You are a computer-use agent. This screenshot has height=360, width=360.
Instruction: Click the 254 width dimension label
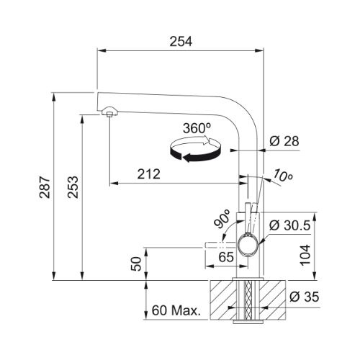(x=181, y=42)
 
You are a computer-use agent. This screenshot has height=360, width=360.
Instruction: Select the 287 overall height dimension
(x=45, y=187)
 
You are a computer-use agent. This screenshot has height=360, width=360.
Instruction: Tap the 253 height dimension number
(x=73, y=187)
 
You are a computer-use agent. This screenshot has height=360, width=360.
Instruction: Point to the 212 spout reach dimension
(x=148, y=174)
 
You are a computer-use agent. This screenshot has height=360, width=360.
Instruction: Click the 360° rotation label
(x=197, y=128)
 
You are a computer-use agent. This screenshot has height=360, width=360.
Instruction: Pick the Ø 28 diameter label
(x=284, y=141)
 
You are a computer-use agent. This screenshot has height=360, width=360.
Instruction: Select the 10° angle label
(x=282, y=176)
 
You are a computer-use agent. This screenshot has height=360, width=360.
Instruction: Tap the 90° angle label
(x=222, y=219)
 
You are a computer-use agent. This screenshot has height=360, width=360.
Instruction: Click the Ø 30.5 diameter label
(x=289, y=225)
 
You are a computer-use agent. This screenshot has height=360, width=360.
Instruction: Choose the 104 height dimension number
(x=305, y=255)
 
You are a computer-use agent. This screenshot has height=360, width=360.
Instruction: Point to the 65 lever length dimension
(x=226, y=257)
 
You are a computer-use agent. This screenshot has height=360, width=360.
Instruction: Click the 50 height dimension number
(x=136, y=264)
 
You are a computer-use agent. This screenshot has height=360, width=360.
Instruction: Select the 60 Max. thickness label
(x=176, y=310)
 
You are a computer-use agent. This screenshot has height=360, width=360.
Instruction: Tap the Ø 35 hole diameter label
(x=304, y=297)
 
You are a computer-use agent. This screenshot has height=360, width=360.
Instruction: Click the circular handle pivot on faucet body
(x=248, y=245)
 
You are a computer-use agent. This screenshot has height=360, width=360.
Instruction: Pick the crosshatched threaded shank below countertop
(x=248, y=300)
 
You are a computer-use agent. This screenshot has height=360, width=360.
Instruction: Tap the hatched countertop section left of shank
(x=223, y=300)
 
